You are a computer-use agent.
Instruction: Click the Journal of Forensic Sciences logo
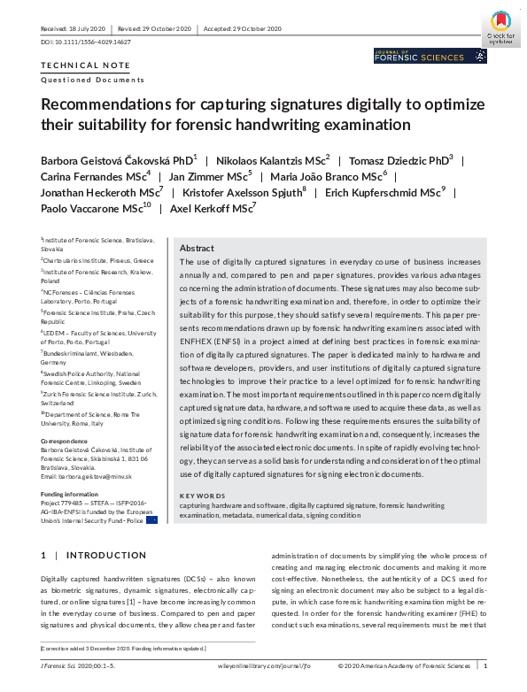pyautogui.click(x=430, y=56)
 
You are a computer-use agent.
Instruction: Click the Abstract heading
pyautogui.click(x=197, y=250)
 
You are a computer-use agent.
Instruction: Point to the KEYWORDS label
pyautogui.click(x=203, y=496)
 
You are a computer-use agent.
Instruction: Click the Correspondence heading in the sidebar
pyautogui.click(x=65, y=441)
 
